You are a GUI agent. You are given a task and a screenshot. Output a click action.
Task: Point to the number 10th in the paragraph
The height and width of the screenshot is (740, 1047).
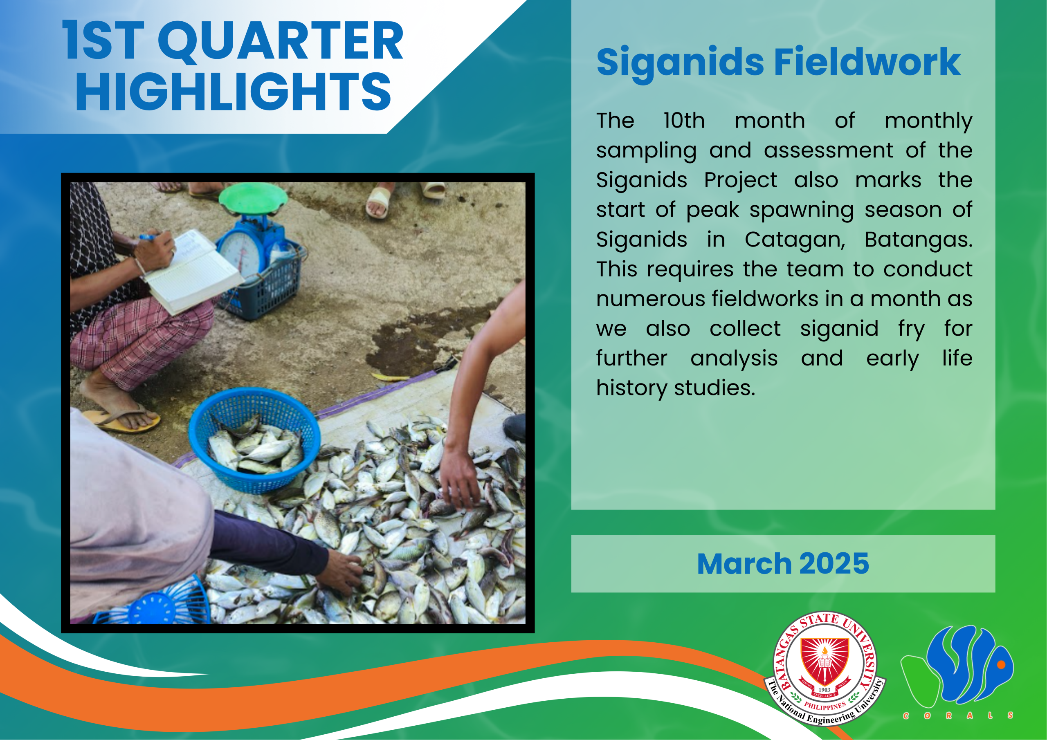(x=684, y=121)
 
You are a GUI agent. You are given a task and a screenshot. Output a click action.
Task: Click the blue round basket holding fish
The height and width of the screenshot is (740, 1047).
(x=254, y=440)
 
